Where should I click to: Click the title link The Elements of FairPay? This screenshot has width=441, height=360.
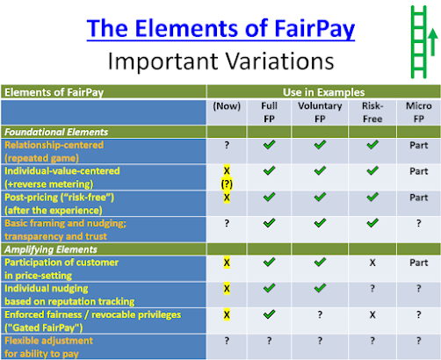tap(220, 29)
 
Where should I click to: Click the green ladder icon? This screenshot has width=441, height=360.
tap(419, 42)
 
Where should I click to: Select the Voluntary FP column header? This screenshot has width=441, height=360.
tap(320, 112)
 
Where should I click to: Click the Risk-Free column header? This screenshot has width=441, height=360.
tap(372, 112)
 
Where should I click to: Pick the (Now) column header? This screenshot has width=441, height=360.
tap(227, 106)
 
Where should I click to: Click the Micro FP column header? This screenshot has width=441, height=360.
tap(419, 112)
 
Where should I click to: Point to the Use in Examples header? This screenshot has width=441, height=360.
tap(323, 92)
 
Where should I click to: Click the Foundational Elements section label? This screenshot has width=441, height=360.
tap(56, 132)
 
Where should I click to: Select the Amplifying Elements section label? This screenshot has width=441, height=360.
tap(51, 249)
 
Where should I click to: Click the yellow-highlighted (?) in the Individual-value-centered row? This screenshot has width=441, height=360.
tap(227, 184)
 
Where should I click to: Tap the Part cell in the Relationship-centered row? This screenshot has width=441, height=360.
tap(419, 145)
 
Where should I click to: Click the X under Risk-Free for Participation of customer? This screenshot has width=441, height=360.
tap(372, 263)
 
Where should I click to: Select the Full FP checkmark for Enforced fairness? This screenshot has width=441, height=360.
tap(269, 314)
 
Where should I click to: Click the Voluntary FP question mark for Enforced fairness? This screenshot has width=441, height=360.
tap(320, 314)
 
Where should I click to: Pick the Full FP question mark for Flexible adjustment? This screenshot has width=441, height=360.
tap(269, 341)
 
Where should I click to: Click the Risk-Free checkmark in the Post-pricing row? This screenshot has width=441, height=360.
tap(372, 197)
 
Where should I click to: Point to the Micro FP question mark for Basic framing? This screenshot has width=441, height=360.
tap(419, 223)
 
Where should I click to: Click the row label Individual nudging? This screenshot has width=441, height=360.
tap(47, 289)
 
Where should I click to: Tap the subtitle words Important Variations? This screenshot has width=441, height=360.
tap(221, 61)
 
